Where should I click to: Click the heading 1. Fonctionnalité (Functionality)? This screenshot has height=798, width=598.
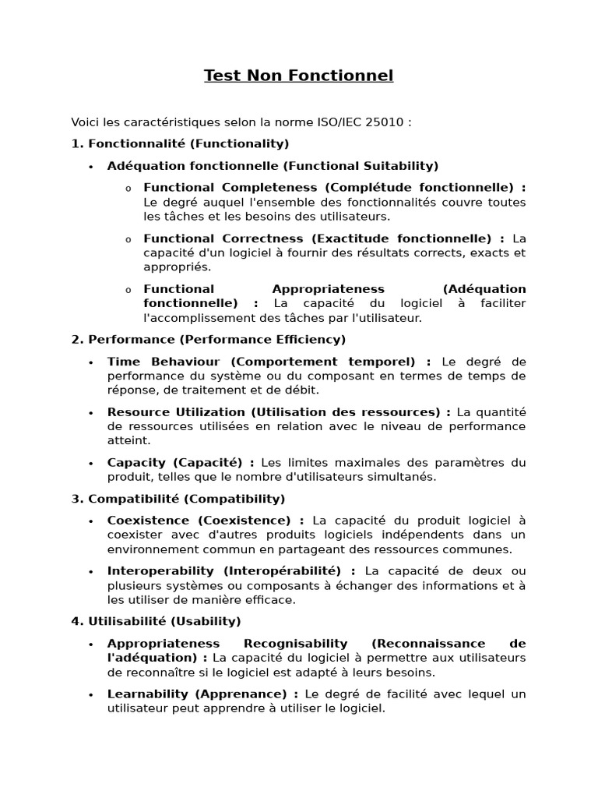tap(180, 143)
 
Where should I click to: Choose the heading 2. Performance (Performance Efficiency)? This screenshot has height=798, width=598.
tap(209, 340)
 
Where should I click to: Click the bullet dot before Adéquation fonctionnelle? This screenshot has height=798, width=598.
tap(91, 167)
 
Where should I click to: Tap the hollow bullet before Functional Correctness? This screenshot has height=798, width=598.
tap(128, 239)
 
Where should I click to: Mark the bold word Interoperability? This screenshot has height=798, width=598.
tap(160, 571)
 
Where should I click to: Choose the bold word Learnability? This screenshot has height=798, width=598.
tap(148, 694)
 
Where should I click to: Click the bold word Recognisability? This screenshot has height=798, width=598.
tap(295, 643)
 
